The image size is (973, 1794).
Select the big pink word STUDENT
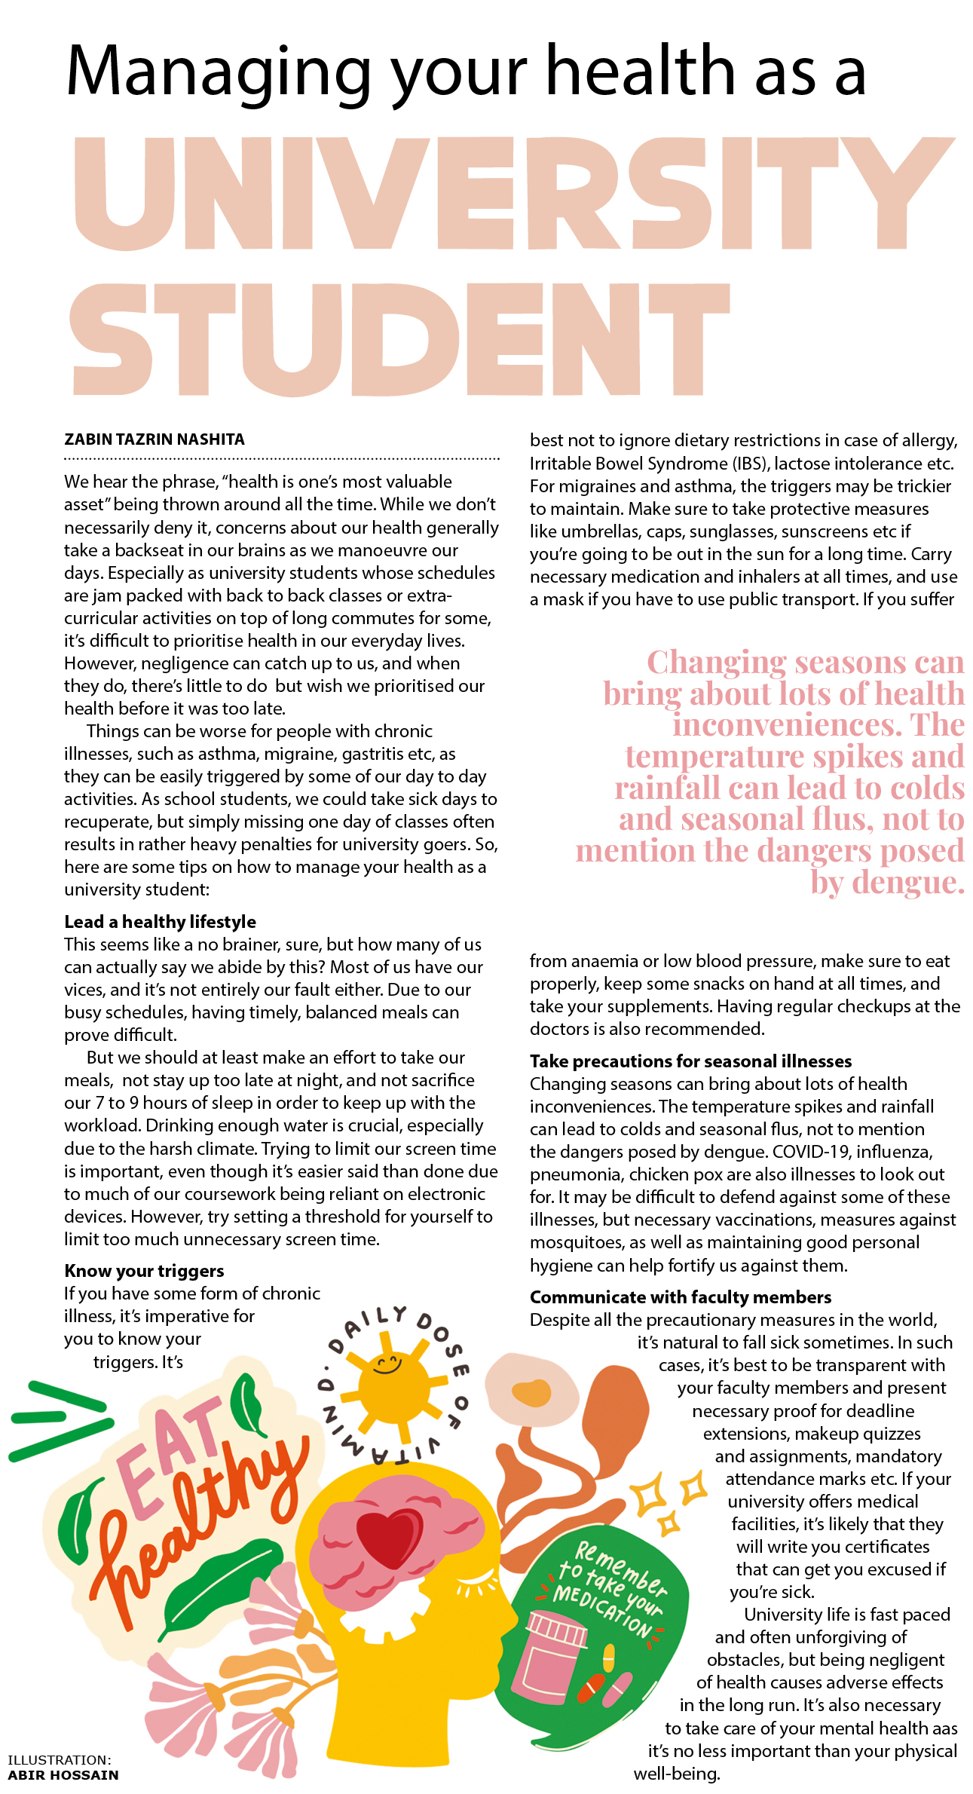tap(399, 339)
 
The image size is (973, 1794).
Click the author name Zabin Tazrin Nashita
tap(155, 439)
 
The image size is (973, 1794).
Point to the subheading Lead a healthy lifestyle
tap(160, 922)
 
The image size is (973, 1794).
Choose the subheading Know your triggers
tap(144, 1271)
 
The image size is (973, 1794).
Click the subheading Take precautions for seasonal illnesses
tap(690, 1061)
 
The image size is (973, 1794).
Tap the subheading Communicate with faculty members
tap(681, 1297)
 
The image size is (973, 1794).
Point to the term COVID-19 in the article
tap(811, 1152)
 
